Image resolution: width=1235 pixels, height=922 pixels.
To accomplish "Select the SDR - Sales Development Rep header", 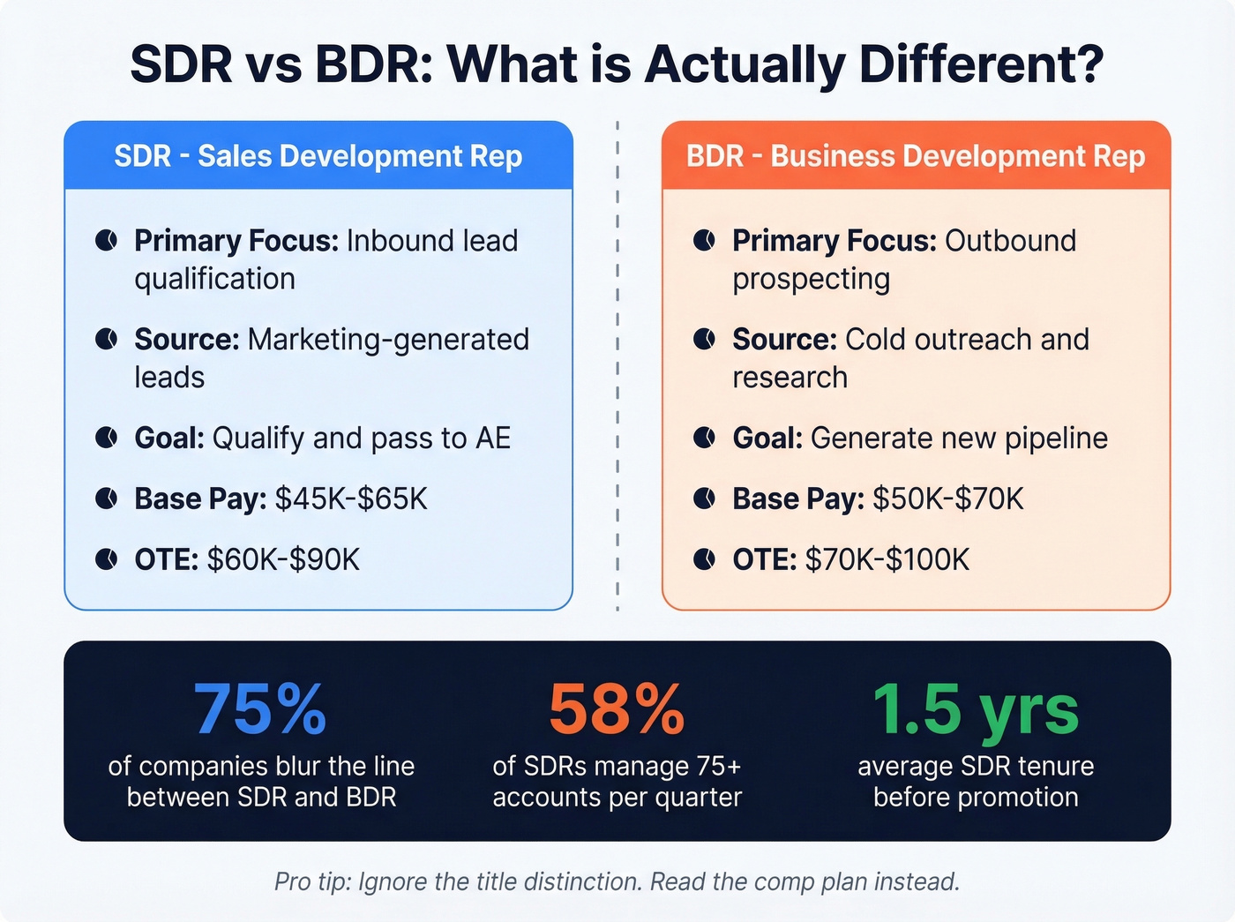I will click(318, 156).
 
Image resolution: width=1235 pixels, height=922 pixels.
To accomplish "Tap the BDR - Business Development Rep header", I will click(916, 156).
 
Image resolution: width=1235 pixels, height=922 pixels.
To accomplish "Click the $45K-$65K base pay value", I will click(351, 499).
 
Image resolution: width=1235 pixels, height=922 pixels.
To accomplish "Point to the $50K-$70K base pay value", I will click(948, 499).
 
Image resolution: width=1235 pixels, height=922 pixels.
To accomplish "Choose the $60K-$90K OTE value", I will click(283, 559).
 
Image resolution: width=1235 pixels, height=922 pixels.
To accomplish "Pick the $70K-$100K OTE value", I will click(887, 559).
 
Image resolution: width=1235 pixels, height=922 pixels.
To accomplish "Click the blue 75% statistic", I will click(260, 709).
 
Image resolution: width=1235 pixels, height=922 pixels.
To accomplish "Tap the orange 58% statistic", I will click(617, 709).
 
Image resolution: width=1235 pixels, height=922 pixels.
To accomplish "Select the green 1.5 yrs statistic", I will click(976, 709).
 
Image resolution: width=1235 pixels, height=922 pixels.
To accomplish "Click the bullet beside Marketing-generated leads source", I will click(106, 340).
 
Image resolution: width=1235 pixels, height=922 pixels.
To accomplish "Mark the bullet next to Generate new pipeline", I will click(704, 438).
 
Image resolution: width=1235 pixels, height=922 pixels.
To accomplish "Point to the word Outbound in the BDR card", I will click(1010, 241).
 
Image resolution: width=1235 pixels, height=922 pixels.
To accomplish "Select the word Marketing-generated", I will click(388, 340).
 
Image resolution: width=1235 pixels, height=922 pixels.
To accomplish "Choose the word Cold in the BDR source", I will click(876, 340).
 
